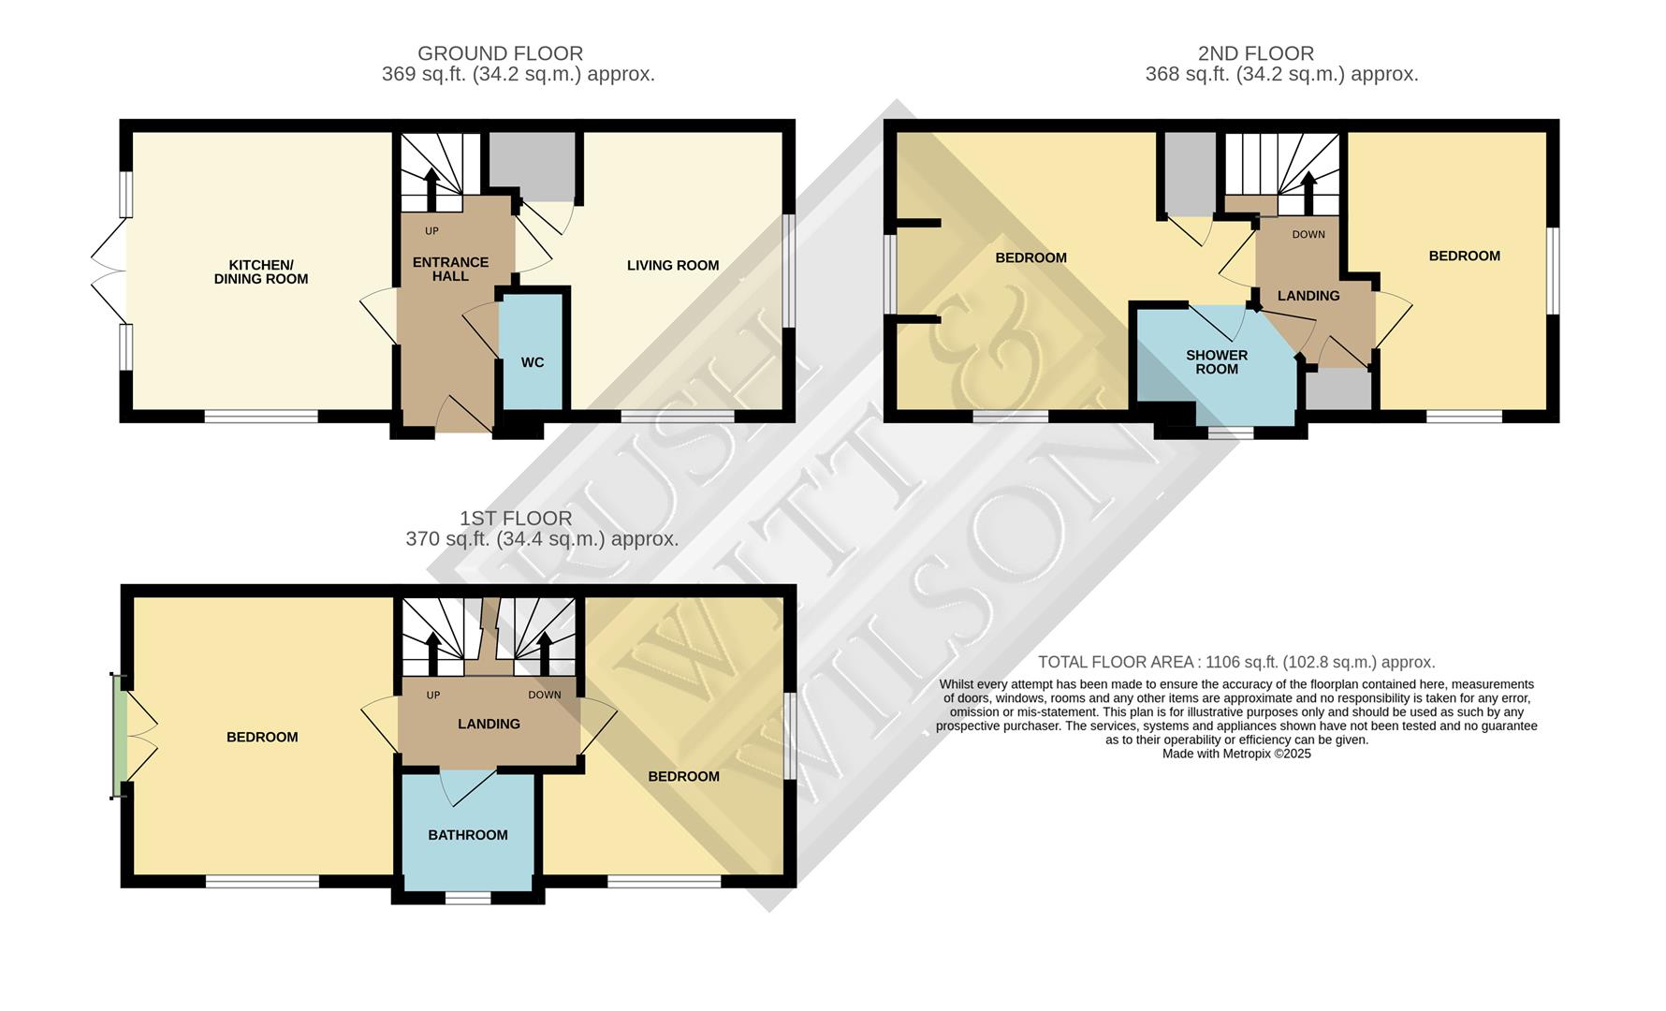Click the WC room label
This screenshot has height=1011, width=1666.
click(533, 362)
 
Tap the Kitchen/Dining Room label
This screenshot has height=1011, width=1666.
click(261, 271)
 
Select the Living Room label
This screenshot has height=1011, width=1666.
click(673, 265)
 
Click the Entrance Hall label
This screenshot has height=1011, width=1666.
click(450, 269)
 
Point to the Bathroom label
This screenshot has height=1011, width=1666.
click(468, 835)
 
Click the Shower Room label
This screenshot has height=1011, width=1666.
click(1217, 361)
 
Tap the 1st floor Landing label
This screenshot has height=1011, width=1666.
click(489, 724)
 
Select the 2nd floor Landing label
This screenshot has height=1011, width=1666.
click(1308, 296)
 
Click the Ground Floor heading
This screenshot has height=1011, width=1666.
click(500, 53)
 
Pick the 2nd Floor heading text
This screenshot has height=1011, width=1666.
click(1255, 53)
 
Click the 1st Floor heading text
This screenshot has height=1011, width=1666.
click(516, 518)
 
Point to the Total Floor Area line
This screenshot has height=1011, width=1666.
click(1236, 662)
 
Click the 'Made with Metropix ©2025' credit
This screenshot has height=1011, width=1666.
click(1236, 754)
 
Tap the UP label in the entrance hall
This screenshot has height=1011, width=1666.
click(431, 231)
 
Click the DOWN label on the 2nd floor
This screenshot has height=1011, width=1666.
click(1308, 234)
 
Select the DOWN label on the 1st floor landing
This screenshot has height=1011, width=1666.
click(544, 695)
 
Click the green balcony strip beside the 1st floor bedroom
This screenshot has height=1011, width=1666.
click(118, 736)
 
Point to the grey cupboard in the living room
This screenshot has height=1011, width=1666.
click(532, 166)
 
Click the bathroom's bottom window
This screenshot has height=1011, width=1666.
click(468, 898)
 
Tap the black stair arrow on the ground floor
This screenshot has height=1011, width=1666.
click(431, 187)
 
